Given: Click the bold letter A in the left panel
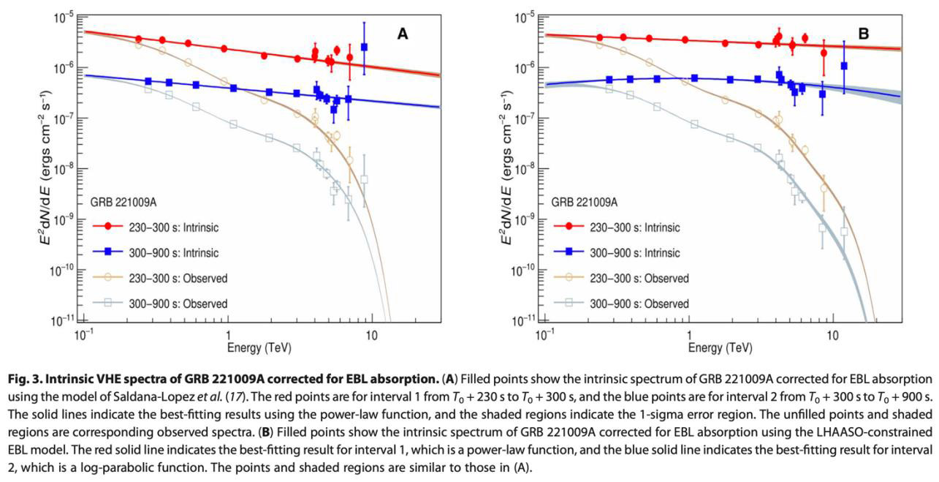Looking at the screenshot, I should click(x=402, y=33).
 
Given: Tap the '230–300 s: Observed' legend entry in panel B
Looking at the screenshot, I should click(x=621, y=278).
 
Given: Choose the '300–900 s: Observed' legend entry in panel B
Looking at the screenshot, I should click(x=621, y=304).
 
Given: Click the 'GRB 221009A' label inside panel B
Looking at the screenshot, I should click(x=584, y=202).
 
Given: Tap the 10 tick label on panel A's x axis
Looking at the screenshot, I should click(x=371, y=334).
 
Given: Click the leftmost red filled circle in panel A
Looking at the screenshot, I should click(x=139, y=39).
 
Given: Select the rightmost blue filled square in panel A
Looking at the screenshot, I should click(x=364, y=47).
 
